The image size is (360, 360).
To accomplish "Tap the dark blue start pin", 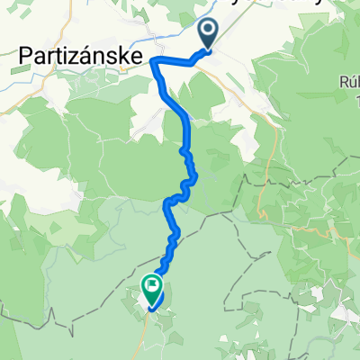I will click(208, 33).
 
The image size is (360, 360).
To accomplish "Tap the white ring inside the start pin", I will click(208, 31).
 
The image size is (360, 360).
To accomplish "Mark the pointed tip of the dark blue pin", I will click(208, 50).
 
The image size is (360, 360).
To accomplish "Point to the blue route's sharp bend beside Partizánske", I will click(154, 60).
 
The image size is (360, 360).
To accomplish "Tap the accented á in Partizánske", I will click(90, 56).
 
